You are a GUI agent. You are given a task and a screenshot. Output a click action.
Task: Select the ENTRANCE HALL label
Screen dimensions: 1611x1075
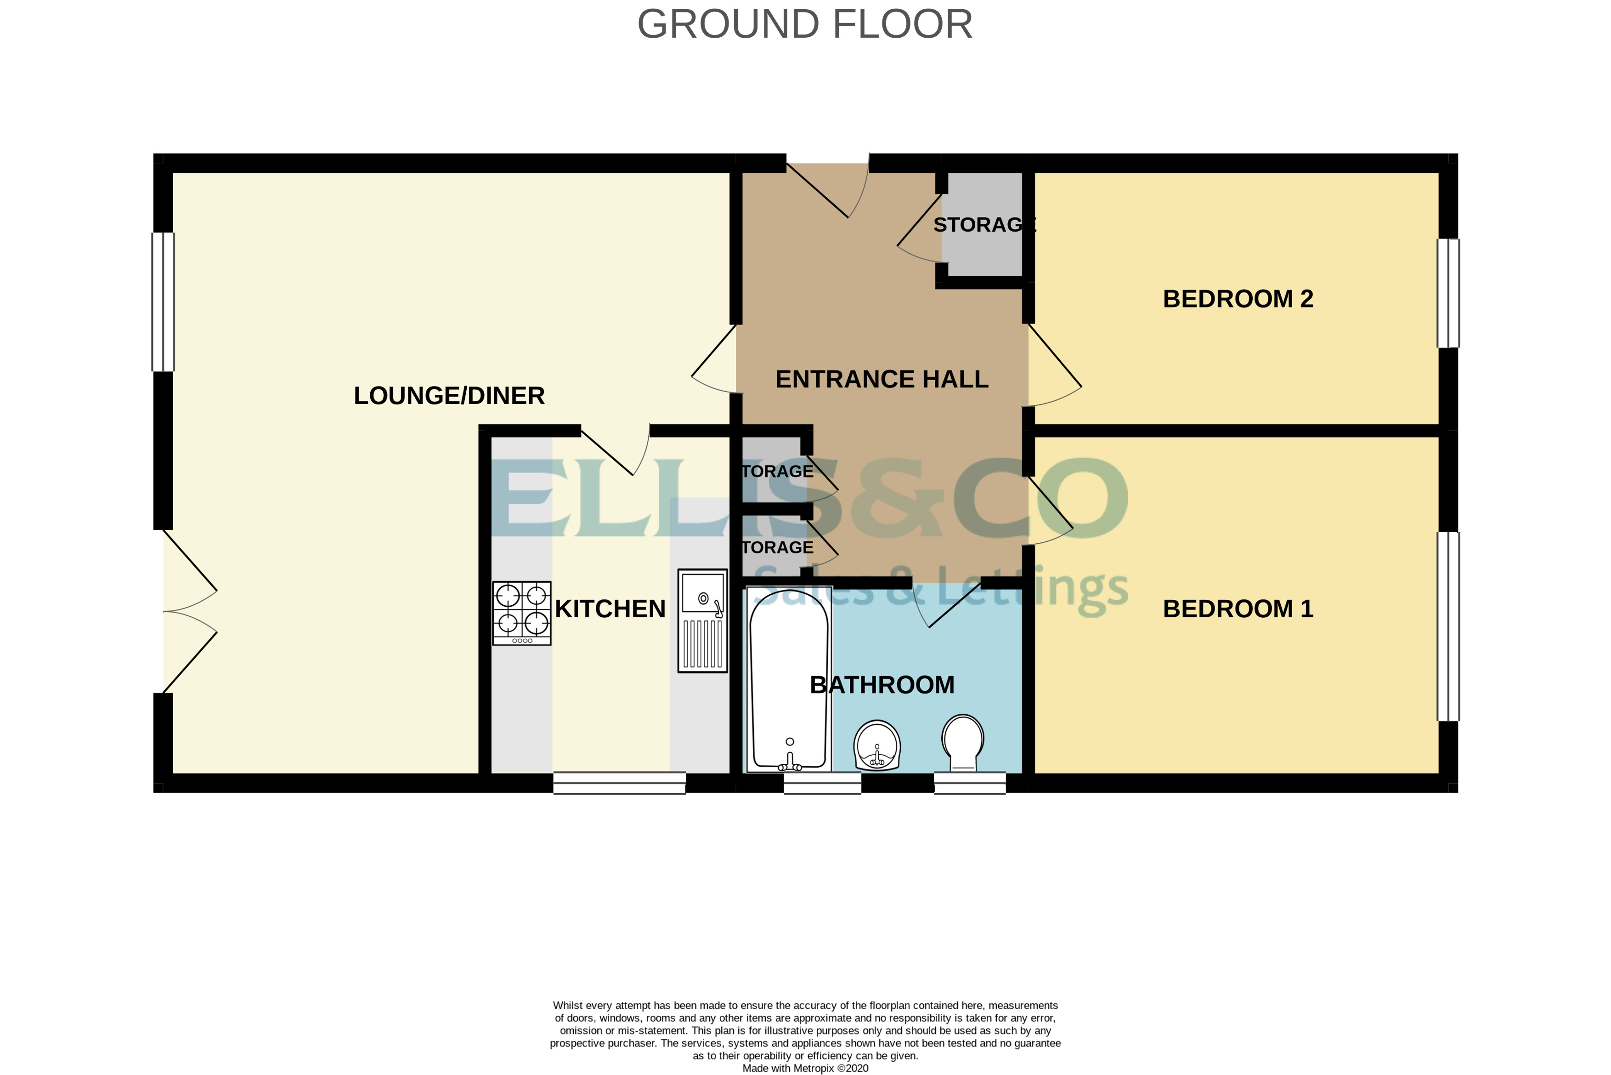pos(882,379)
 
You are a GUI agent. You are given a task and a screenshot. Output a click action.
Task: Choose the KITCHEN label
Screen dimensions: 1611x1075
pos(610,609)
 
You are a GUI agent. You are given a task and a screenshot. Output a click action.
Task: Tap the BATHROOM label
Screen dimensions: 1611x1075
pos(882,685)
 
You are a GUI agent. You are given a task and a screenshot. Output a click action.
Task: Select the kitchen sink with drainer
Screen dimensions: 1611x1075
pos(702,620)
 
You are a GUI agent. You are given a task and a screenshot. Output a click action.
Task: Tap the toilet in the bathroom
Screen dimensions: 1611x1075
pos(963,743)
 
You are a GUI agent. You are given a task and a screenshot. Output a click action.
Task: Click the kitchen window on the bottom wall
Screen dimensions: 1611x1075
pos(620,783)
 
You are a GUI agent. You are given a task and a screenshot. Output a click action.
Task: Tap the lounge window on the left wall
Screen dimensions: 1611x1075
pos(163,302)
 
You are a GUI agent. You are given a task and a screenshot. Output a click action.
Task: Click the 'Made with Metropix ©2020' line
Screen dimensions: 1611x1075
pos(805,1068)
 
